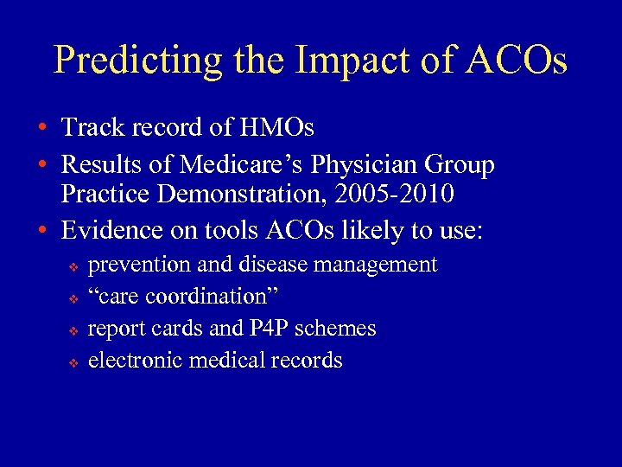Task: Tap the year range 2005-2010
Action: (x=402, y=194)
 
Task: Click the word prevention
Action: (x=138, y=265)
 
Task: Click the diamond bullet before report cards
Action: (x=73, y=330)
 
